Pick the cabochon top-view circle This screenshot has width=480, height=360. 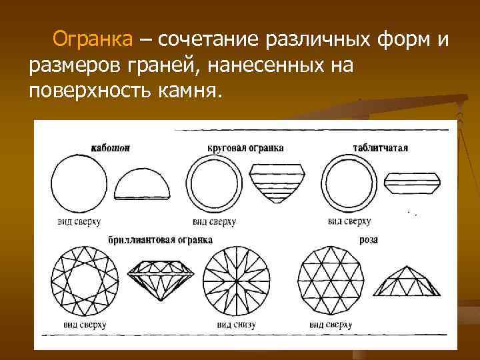79,182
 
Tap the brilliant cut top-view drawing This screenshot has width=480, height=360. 85,279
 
